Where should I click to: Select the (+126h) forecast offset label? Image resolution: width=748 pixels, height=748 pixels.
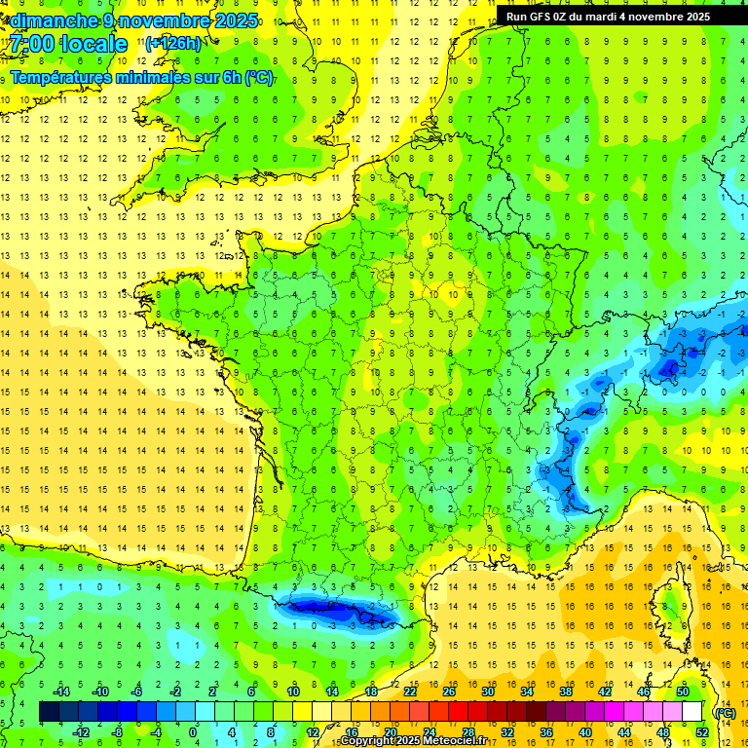pyautogui.click(x=173, y=43)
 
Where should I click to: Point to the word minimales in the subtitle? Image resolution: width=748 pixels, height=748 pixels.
pyautogui.click(x=160, y=77)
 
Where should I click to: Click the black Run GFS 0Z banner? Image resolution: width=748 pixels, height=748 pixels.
pyautogui.click(x=608, y=17)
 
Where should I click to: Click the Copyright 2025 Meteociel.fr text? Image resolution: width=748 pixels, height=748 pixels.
pyautogui.click(x=413, y=741)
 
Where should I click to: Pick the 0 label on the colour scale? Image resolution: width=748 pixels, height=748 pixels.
pyautogui.click(x=192, y=732)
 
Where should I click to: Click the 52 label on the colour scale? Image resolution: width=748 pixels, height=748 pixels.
pyautogui.click(x=702, y=732)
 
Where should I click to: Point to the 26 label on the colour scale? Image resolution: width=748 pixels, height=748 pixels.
pyautogui.click(x=449, y=692)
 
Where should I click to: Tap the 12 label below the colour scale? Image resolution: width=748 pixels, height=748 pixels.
pyautogui.click(x=313, y=732)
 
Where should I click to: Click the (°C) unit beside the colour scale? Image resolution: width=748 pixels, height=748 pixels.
pyautogui.click(x=726, y=713)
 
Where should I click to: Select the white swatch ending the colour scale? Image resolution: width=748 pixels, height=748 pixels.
pyautogui.click(x=692, y=712)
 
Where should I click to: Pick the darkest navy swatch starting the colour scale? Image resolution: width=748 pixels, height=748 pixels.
pyautogui.click(x=50, y=712)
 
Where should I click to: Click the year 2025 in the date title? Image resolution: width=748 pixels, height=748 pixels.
pyautogui.click(x=236, y=20)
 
